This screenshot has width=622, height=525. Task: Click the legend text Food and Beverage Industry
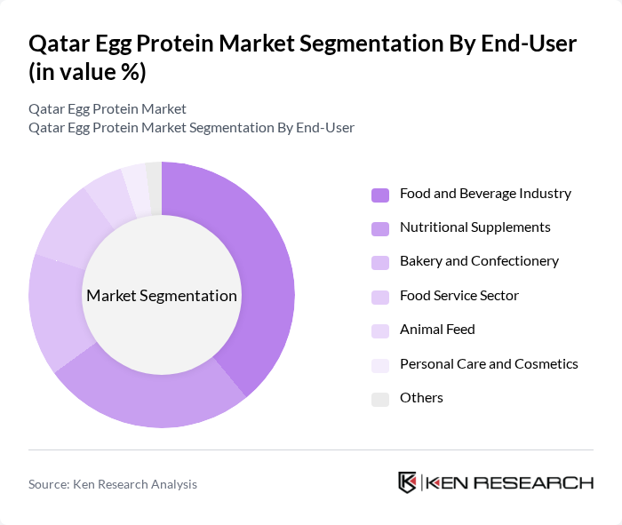(485, 194)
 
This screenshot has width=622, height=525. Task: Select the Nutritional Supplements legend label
(474, 227)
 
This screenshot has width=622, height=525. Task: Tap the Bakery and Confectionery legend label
(479, 261)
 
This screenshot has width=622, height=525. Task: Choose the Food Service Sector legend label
(459, 296)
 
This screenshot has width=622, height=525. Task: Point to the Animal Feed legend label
(437, 330)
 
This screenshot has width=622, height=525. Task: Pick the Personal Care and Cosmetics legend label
(489, 364)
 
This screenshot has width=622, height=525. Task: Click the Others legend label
(421, 398)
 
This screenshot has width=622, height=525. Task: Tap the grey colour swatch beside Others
(380, 399)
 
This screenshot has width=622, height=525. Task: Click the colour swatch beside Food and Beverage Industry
(380, 195)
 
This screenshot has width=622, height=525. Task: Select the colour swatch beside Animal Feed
(380, 330)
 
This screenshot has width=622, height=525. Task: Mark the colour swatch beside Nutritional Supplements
(380, 228)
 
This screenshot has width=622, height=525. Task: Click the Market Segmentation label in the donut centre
(162, 296)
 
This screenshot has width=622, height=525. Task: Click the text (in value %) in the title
(87, 72)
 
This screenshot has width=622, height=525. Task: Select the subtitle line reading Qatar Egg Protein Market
(108, 109)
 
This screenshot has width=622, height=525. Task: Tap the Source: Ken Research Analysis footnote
(113, 484)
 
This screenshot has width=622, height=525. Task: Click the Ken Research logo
(495, 482)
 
